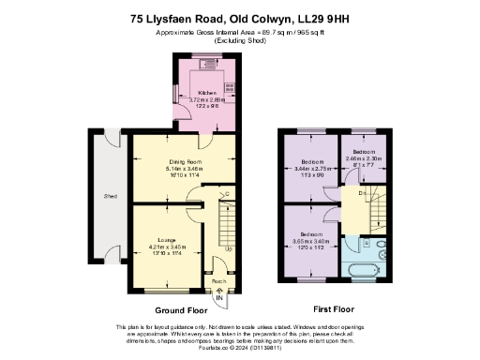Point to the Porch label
(x=218, y=280)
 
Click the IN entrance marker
(x=220, y=297)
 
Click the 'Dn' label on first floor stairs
(x=362, y=194)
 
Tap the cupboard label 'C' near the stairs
(x=228, y=195)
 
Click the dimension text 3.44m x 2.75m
(x=314, y=169)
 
